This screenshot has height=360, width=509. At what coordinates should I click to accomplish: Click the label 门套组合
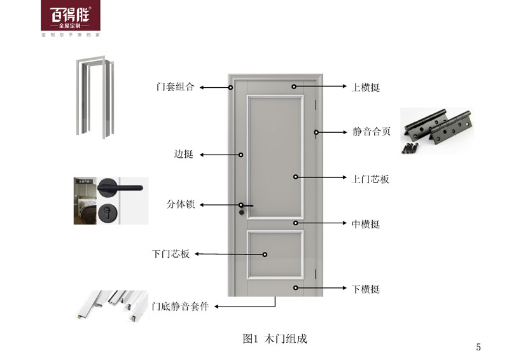coord(175,87)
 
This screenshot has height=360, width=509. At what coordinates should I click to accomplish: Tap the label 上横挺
coord(366,87)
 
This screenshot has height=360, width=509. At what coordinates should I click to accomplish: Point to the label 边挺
coord(183,155)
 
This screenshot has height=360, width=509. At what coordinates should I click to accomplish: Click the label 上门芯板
coord(370,179)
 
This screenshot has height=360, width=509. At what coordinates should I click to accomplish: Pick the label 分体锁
coord(180,205)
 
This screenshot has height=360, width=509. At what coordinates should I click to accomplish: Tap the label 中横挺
coord(366,225)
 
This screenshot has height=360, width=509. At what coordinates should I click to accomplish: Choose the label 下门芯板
coord(171,254)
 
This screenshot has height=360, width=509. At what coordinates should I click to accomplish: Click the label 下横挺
coord(366,289)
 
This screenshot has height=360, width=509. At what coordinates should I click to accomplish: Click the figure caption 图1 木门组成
coord(275,338)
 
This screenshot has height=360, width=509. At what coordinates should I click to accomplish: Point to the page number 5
coord(478,347)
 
